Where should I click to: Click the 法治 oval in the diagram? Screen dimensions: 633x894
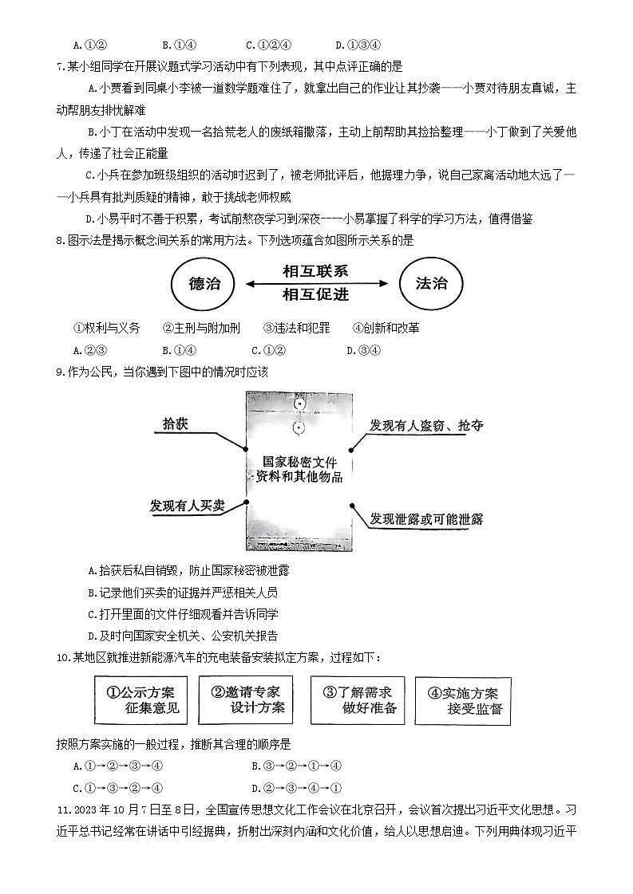point(431,284)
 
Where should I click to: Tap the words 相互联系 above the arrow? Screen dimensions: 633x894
point(315,271)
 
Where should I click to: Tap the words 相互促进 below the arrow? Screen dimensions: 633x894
point(315,295)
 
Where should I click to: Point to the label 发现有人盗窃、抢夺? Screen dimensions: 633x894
point(425,426)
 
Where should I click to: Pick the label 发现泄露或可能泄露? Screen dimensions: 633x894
point(426,519)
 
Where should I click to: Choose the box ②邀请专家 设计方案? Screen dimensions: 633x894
point(245,699)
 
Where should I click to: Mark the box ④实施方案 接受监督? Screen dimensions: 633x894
point(462,700)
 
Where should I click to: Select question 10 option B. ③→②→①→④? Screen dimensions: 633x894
point(296,766)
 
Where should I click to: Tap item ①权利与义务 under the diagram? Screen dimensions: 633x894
point(106,328)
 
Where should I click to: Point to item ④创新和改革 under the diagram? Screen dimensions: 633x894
point(386,328)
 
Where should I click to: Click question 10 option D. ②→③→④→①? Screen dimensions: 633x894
point(296,788)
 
